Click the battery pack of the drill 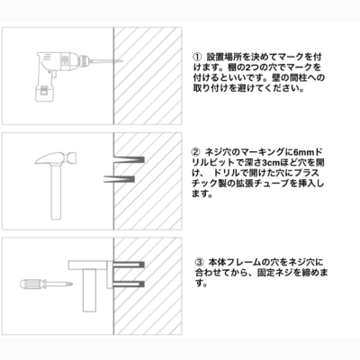(x=45, y=92)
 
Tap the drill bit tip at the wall (x=122, y=61)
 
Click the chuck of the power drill (x=83, y=60)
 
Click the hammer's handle (x=56, y=192)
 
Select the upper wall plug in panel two (x=130, y=159)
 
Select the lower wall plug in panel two (x=119, y=179)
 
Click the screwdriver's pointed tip (x=70, y=283)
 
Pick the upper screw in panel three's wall (x=129, y=265)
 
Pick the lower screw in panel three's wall (x=129, y=283)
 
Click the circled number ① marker (x=196, y=57)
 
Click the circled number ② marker (x=196, y=151)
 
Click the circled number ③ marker (x=200, y=262)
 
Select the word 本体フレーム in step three (x=234, y=262)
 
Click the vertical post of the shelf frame (x=89, y=290)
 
